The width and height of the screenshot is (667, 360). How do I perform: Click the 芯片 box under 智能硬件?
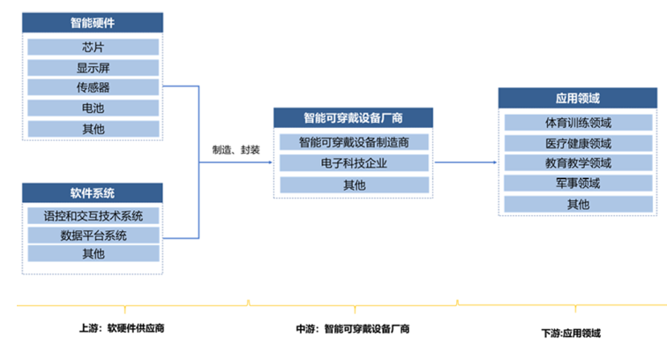pos(94,47)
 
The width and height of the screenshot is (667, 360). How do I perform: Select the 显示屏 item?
pos(94,67)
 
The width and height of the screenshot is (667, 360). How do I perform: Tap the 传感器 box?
pos(94,87)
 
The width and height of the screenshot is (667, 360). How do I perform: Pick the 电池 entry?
pos(94,108)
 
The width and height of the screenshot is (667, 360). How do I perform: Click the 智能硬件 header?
pos(93,23)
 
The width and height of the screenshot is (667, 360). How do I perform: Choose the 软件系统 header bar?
pos(93,193)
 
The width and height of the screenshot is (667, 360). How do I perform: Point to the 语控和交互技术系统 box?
pos(94,216)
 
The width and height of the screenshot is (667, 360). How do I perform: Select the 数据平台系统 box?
pos(94,235)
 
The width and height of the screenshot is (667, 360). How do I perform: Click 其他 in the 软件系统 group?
pos(94,253)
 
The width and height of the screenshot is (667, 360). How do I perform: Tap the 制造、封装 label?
pos(236,150)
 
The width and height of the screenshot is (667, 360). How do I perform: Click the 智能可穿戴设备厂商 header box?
pos(353,118)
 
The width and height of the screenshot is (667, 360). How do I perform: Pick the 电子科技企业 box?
pos(354,163)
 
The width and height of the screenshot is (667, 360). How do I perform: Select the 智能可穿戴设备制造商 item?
pos(354,142)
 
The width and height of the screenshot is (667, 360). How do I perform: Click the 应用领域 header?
pos(578,98)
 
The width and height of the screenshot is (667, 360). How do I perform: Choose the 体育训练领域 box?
pos(578,123)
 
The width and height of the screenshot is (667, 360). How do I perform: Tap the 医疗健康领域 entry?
pos(578,143)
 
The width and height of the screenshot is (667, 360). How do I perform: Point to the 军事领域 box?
pos(578,184)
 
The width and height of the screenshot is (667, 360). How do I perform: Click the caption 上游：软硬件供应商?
pos(122,328)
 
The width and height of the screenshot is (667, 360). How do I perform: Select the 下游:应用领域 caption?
pos(571,334)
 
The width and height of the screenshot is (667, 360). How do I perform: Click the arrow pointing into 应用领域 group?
pos(466,162)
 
